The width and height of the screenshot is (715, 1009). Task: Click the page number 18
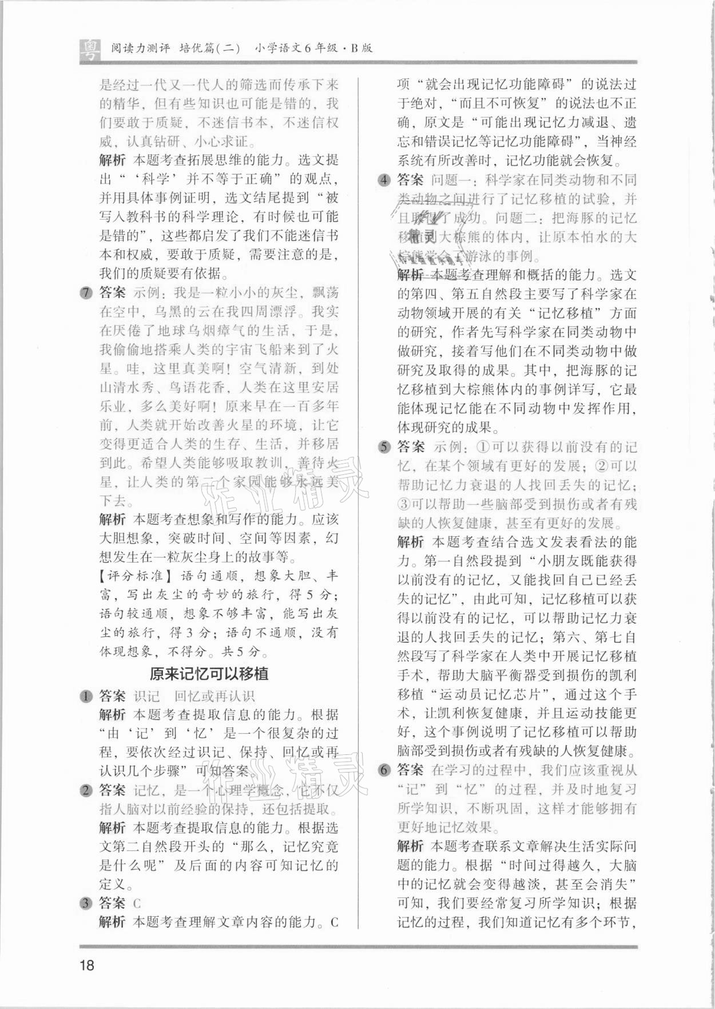(x=87, y=966)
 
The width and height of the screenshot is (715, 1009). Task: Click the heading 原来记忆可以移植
(x=209, y=674)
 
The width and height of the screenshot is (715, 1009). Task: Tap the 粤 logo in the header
(x=89, y=50)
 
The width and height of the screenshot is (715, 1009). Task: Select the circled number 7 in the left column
(x=86, y=294)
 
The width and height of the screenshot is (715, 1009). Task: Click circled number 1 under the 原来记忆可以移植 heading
(x=86, y=697)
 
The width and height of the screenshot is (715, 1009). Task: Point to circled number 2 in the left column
(x=86, y=791)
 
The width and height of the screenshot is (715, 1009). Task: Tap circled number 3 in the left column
(x=86, y=904)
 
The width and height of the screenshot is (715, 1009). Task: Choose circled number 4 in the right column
(x=384, y=180)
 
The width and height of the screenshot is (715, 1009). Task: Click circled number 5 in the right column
(x=384, y=447)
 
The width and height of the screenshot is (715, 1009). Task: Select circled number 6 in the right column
(x=384, y=770)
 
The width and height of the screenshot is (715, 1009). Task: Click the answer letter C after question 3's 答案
(x=137, y=904)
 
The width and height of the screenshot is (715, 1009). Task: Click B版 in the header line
(x=361, y=48)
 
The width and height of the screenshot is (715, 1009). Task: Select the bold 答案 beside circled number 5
(x=411, y=446)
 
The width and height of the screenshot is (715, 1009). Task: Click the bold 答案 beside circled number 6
(x=411, y=770)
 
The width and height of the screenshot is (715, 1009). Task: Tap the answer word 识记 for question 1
(x=146, y=697)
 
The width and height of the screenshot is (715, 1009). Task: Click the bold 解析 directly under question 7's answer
(x=112, y=520)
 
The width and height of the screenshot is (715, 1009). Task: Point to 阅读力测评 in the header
(x=140, y=48)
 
